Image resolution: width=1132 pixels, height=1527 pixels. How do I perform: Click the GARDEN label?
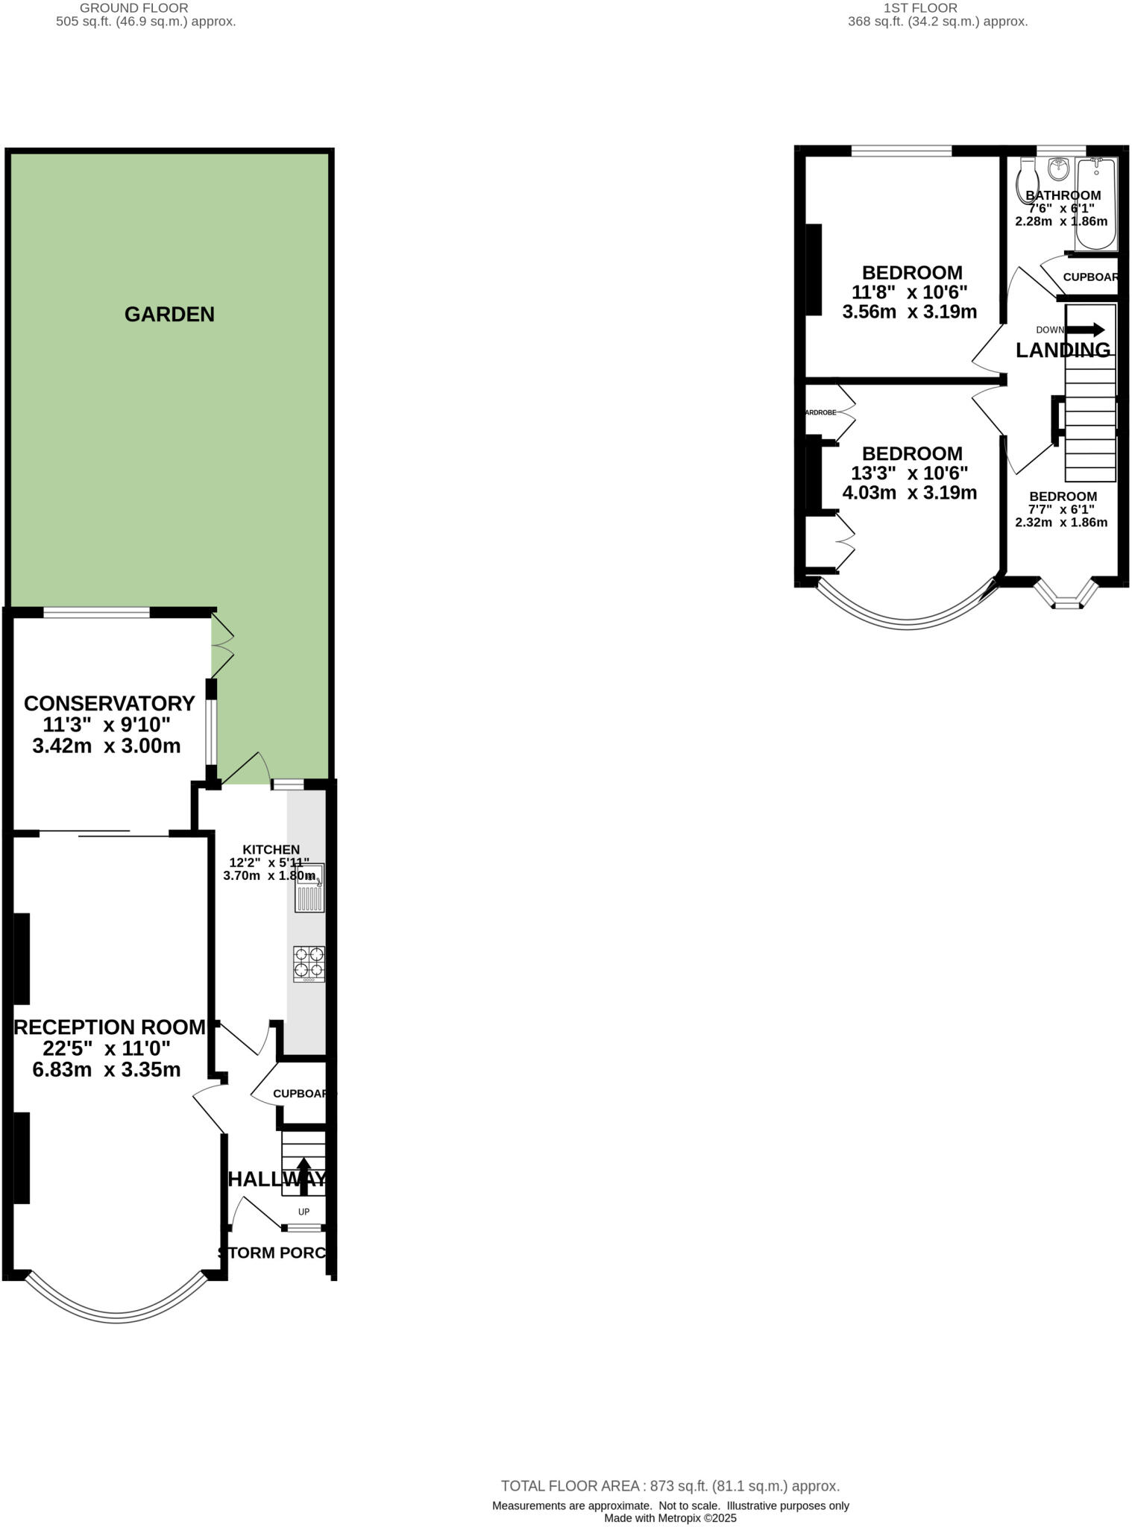click(x=169, y=315)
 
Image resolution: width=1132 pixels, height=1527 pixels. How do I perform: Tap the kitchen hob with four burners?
click(x=309, y=962)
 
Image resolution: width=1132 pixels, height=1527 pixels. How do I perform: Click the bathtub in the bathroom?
click(x=1095, y=204)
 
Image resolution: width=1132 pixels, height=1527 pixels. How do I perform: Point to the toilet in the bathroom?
click(x=1029, y=176)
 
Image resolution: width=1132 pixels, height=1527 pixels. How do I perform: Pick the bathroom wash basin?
click(x=1058, y=169)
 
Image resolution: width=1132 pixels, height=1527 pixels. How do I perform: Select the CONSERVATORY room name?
click(x=110, y=703)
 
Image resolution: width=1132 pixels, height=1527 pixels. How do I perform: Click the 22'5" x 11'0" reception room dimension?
click(x=107, y=1048)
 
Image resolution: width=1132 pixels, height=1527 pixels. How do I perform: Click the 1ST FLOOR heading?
click(x=919, y=7)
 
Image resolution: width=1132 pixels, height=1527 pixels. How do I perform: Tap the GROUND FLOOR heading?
click(x=134, y=7)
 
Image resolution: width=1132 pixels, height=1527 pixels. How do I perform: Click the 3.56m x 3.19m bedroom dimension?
click(x=909, y=312)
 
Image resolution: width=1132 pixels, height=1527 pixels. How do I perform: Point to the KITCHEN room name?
click(x=271, y=849)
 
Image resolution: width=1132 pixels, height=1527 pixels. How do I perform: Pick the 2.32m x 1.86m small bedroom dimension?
click(x=1061, y=523)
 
